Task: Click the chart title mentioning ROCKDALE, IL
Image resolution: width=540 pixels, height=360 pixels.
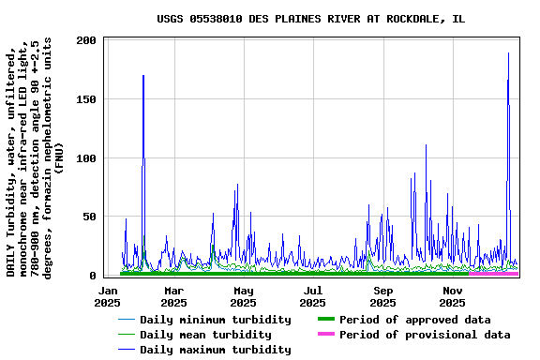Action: (309, 19)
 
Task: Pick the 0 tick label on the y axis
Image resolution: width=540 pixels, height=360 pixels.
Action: (94, 276)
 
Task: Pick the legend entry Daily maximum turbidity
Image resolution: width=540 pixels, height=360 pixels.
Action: (215, 350)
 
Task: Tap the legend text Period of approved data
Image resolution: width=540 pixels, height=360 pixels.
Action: (414, 320)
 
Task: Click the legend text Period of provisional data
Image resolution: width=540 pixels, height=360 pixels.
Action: (425, 335)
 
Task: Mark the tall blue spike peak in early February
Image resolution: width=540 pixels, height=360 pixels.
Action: (143, 76)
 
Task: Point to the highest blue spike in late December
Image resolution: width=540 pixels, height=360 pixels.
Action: (509, 53)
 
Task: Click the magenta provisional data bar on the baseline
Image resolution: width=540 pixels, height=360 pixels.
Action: (493, 273)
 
